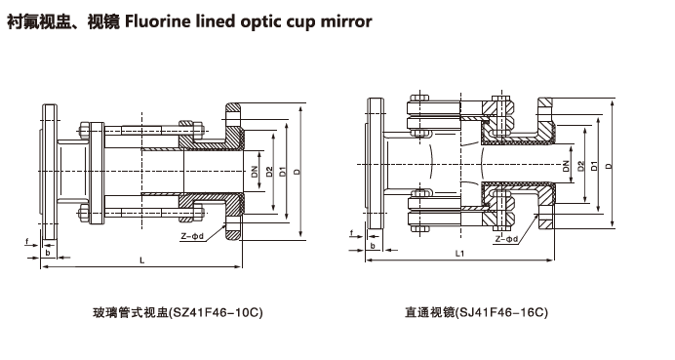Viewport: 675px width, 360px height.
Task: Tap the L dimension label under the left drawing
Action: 142,260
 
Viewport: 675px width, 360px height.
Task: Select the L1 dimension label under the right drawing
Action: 459,254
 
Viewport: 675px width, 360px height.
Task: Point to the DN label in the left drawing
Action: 255,172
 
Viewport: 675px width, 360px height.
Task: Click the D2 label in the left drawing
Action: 269,172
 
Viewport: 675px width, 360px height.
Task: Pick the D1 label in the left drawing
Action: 283,172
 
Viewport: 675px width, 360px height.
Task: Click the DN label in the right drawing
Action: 566,165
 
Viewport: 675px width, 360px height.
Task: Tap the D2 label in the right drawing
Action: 581,166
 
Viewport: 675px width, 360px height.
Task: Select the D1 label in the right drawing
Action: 594,165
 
